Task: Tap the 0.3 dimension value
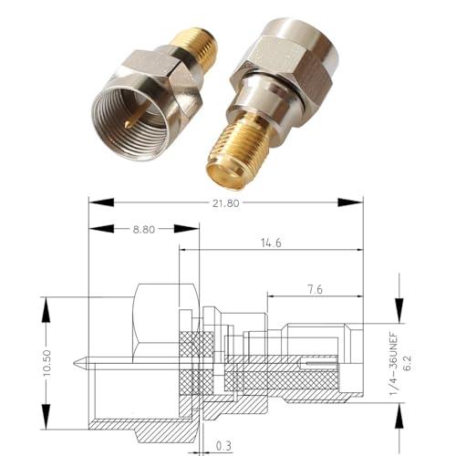coord(225,446)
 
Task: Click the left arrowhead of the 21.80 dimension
coord(92,203)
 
